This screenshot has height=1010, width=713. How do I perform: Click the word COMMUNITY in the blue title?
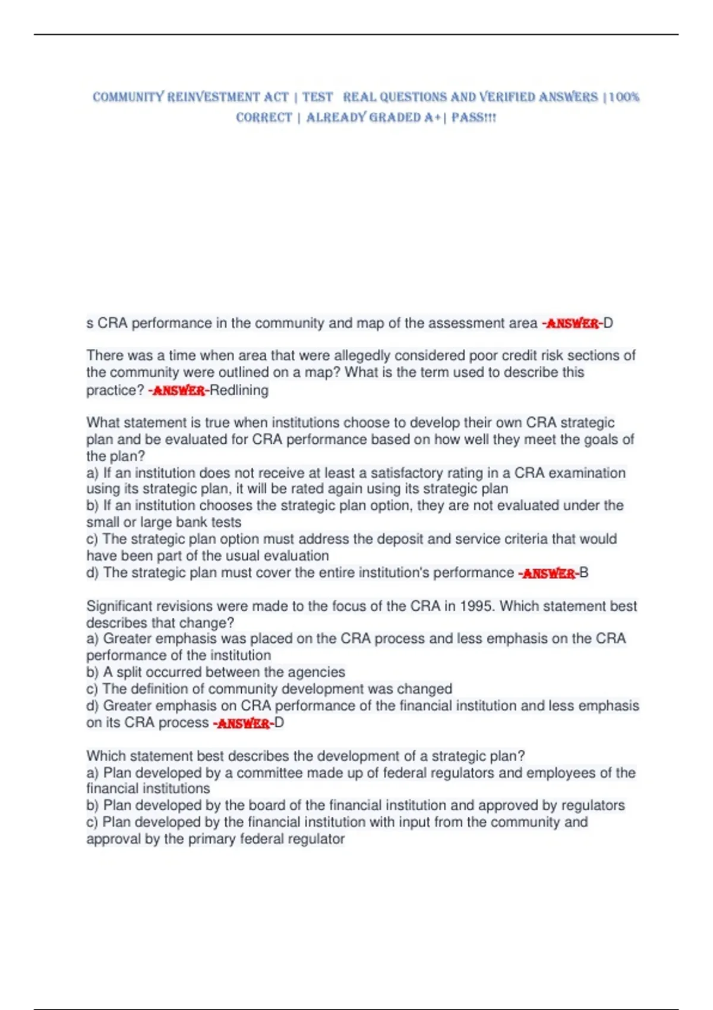coord(128,97)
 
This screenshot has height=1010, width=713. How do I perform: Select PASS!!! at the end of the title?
coord(474,117)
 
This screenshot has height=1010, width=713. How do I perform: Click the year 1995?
coord(476,606)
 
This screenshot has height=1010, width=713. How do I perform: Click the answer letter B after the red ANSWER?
coord(584,573)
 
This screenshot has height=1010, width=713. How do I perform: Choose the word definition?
coord(165,689)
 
